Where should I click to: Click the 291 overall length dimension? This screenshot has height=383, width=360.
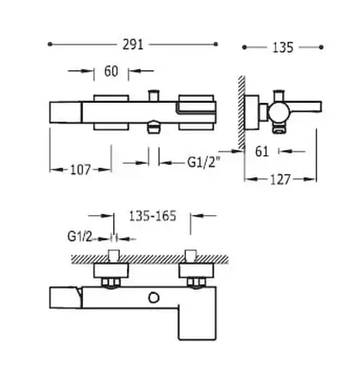pyautogui.click(x=133, y=45)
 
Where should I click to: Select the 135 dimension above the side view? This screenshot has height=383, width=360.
pyautogui.click(x=283, y=47)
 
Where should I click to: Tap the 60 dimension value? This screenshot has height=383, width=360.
pyautogui.click(x=111, y=71)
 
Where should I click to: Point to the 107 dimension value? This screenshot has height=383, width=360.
pyautogui.click(x=81, y=170)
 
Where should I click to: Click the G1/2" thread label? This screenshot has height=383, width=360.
pyautogui.click(x=204, y=162)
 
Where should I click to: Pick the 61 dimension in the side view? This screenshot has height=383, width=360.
pyautogui.click(x=261, y=152)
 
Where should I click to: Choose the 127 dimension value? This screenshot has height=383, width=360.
pyautogui.click(x=280, y=180)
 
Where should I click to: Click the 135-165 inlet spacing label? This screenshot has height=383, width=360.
pyautogui.click(x=153, y=216)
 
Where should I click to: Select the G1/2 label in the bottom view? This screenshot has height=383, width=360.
pyautogui.click(x=80, y=236)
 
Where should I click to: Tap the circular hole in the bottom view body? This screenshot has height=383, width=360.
pyautogui.click(x=153, y=298)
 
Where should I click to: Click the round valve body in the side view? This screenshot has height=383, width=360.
pyautogui.click(x=279, y=111)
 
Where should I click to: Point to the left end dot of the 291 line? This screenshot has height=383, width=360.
pyautogui.click(x=50, y=44)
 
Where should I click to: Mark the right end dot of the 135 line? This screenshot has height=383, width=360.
pyautogui.click(x=321, y=47)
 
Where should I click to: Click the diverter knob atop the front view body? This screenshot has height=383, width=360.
pyautogui.click(x=153, y=96)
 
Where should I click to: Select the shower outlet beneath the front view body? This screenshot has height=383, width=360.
pyautogui.click(x=153, y=126)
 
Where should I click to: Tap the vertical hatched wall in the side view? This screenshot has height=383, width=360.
pyautogui.click(x=242, y=113)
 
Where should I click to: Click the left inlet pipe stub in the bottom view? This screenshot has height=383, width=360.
pyautogui.click(x=114, y=255)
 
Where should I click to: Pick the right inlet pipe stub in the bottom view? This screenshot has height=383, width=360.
pyautogui.click(x=190, y=255)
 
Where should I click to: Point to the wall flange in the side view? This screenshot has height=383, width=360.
pyautogui.click(x=252, y=112)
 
